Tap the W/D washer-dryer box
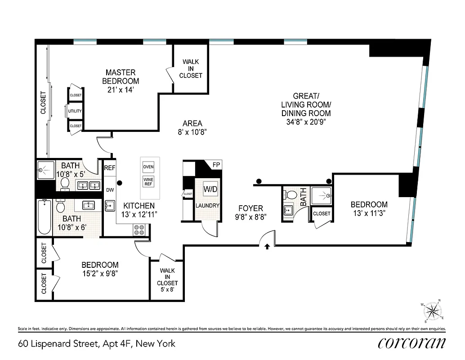210,189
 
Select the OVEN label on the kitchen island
148,167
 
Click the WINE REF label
148,182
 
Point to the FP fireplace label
216,165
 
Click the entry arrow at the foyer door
268,246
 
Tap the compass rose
433,310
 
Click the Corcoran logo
411,343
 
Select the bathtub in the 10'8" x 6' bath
44,217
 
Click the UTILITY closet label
75,111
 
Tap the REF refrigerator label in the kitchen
110,167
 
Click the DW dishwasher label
110,190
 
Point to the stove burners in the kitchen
139,230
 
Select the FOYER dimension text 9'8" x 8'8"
250,216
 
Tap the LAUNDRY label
207,206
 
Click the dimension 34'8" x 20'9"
306,121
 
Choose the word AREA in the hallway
192,123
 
